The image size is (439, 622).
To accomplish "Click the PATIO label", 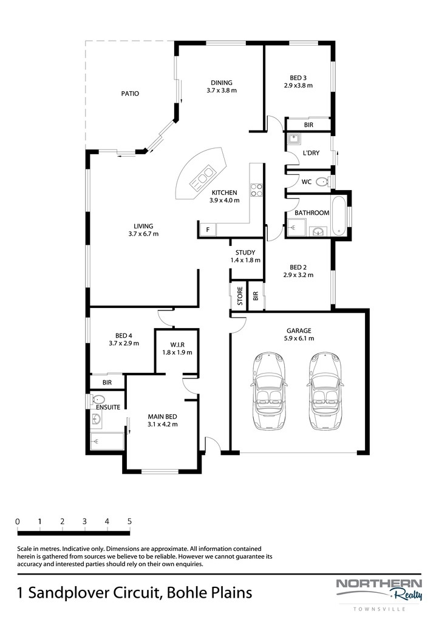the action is pos(130,94).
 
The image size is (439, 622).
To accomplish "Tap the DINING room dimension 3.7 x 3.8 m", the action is pos(222,90).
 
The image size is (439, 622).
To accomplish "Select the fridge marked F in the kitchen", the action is pos(208,230).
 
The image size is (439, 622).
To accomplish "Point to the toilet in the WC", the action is pos(324,182).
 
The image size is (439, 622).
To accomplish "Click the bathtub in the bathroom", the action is pos(338,216).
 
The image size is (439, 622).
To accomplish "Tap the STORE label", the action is pos(240,296).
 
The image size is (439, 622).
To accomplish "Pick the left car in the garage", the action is pos(270,391).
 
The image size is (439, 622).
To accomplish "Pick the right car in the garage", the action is pos(325,391).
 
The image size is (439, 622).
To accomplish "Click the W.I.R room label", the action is pos(177,345).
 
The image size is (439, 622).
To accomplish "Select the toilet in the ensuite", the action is pos(98,398).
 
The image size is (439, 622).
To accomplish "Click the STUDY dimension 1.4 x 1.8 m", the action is pos(245,260).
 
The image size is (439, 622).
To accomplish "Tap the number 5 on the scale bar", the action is pos(129,522).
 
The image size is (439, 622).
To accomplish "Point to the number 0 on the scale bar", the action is pos(18,522).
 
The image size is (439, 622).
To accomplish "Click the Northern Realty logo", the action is pos(379,591).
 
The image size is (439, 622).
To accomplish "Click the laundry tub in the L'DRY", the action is pos(293,138).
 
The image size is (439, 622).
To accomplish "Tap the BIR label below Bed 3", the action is pos(308,125).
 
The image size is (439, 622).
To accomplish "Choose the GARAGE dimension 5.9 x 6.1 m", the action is pos(299,338).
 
